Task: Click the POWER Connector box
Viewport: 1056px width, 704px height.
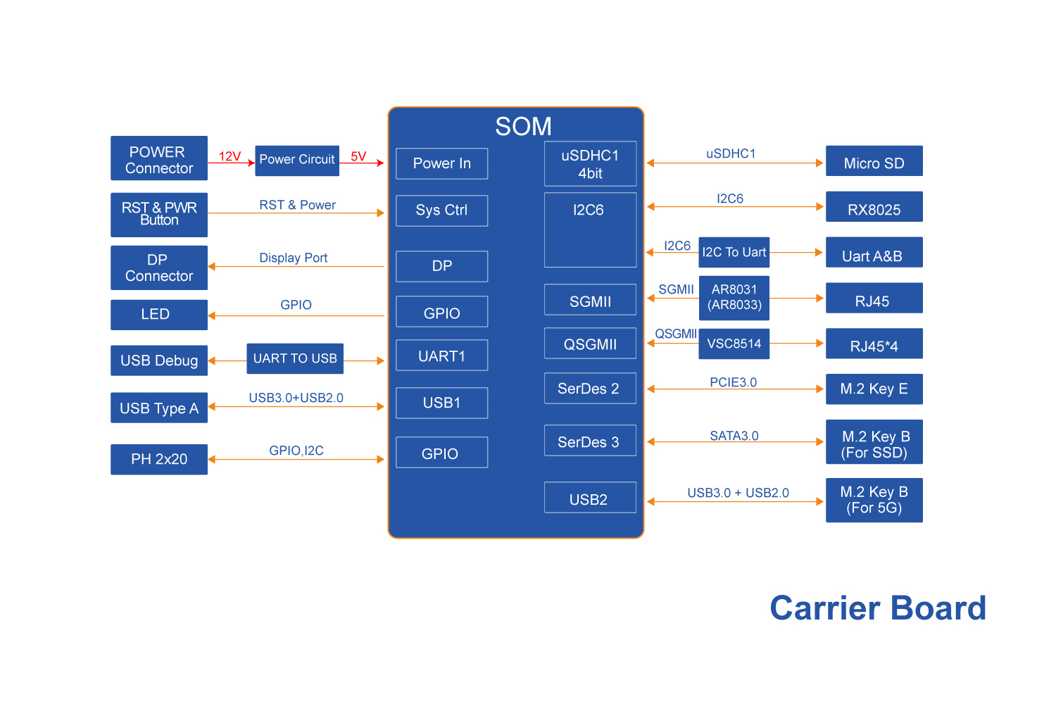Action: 159,158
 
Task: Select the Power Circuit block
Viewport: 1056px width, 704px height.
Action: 297,160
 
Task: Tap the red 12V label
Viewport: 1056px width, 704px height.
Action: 230,156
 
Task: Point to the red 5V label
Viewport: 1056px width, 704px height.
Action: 358,156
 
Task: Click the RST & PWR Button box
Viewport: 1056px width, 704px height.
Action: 159,214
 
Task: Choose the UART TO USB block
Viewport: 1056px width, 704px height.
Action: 295,358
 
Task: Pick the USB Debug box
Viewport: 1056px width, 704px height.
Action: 159,360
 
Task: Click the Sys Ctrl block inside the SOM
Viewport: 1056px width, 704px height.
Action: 442,210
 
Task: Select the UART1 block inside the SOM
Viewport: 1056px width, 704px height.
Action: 442,356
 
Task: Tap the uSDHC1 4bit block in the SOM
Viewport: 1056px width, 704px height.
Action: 590,164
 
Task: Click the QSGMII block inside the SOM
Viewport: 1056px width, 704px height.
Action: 590,344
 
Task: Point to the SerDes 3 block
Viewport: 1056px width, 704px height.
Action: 590,441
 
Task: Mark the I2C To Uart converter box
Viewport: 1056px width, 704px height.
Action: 734,252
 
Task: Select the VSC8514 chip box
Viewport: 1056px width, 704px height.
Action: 734,344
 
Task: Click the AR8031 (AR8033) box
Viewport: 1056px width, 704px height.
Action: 734,298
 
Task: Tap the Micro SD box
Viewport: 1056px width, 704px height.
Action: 874,161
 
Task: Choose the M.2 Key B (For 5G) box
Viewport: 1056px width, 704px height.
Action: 874,500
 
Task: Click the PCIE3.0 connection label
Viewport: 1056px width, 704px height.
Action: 733,382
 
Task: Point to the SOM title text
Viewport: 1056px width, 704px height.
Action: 523,127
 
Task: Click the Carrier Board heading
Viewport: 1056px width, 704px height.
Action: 877,608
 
